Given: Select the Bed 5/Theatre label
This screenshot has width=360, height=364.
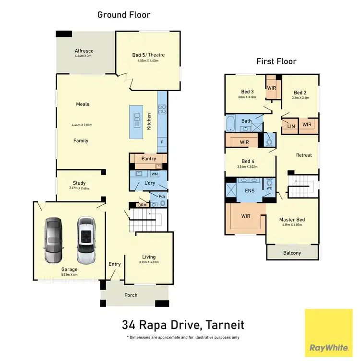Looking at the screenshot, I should tap(148, 55).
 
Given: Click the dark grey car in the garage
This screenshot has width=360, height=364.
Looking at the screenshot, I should tap(53, 240).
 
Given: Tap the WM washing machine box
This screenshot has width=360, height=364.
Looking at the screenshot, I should tap(155, 174).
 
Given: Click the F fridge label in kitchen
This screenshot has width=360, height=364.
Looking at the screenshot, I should tap(162, 143).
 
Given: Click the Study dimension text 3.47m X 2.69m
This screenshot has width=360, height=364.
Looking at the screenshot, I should tap(80, 188).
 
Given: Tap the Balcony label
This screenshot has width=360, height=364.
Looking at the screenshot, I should tap(292, 253).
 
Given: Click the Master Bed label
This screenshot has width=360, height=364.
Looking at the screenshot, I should tap(292, 220).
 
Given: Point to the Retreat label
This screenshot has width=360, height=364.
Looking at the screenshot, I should tap(304, 155).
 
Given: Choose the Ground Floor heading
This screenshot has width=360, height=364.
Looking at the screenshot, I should tap(124, 15).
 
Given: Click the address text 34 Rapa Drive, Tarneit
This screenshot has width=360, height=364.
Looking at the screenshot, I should tap(182, 325).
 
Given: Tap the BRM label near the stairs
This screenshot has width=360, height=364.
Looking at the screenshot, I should tap(142, 205).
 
